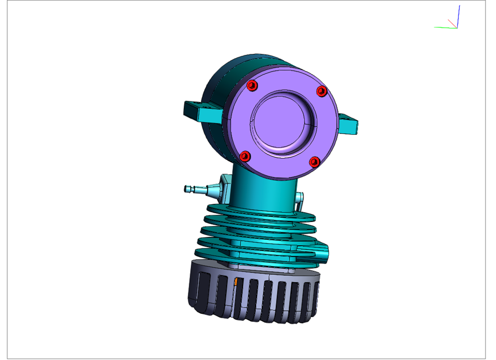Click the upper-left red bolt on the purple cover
tap(252, 85)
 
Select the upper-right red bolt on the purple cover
tap(321, 91)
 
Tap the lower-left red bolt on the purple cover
tap(245, 156)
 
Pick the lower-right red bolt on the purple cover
tap(314, 162)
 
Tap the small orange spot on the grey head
tap(236, 282)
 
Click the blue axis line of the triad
tap(458, 16)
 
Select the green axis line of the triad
tap(444, 27)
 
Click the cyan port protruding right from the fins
tap(323, 251)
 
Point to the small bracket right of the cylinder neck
tap(300, 199)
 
